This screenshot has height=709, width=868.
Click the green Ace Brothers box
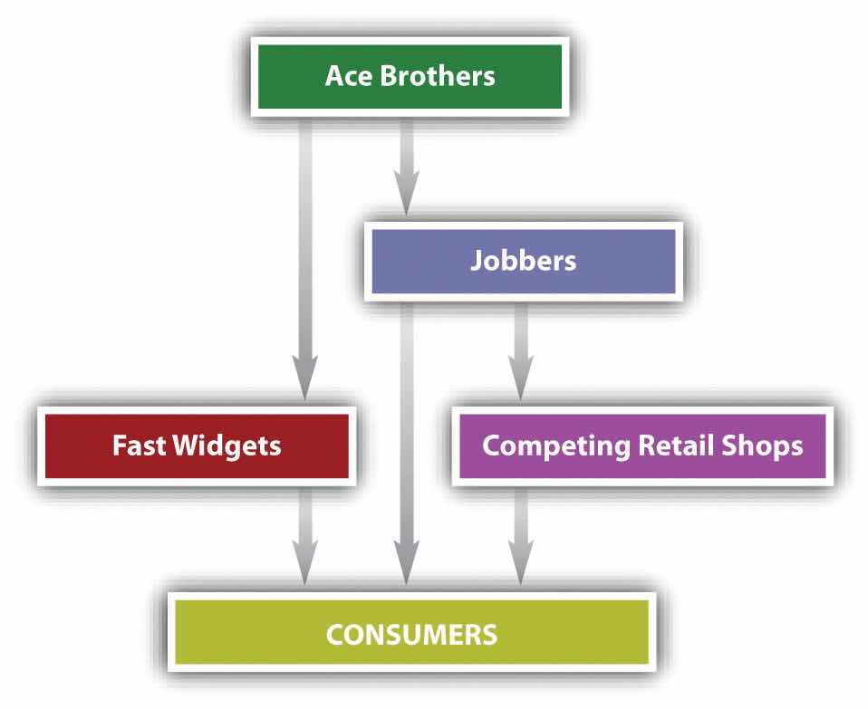coord(410,76)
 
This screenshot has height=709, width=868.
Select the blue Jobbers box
coord(523,262)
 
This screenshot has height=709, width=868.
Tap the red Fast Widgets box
coord(196,446)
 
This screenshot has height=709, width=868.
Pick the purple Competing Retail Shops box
coord(642,446)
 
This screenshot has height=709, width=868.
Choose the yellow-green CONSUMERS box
coord(410,631)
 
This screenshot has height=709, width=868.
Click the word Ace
coord(345,75)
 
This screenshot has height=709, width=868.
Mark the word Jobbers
coord(523,262)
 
